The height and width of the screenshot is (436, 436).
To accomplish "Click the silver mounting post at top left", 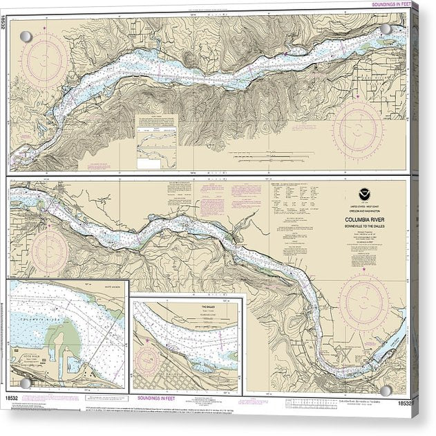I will pyautogui.click(x=25, y=37).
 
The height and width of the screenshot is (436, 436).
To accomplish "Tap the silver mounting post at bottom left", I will pyautogui.click(x=26, y=382).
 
